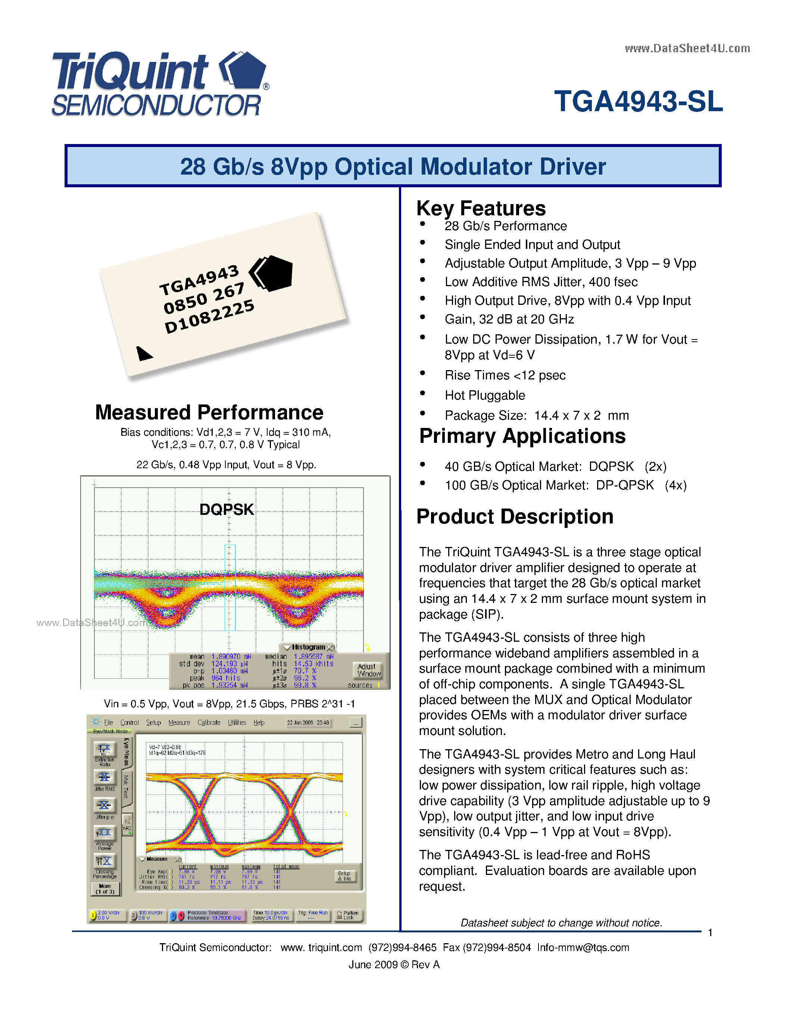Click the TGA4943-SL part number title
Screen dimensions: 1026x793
click(638, 101)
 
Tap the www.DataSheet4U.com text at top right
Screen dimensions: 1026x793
click(687, 49)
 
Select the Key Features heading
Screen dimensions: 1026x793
click(481, 208)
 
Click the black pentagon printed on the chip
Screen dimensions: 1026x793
click(272, 273)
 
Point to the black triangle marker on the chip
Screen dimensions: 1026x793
click(143, 354)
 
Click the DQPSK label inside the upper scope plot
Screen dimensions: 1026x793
click(227, 509)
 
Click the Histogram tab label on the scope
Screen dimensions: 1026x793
click(308, 647)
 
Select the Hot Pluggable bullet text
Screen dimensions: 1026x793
click(484, 395)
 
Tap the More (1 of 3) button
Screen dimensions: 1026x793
click(105, 888)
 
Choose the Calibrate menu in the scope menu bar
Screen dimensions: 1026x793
click(209, 723)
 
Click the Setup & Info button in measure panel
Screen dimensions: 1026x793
click(344, 876)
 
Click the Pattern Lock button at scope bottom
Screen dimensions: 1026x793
click(348, 915)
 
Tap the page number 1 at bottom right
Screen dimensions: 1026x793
click(710, 932)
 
